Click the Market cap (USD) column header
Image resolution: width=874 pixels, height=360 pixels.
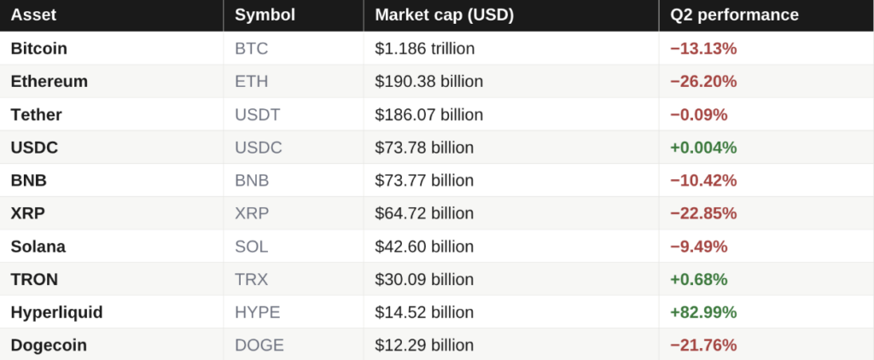pyautogui.click(x=444, y=15)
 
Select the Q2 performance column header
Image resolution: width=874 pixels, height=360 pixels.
pyautogui.click(x=734, y=15)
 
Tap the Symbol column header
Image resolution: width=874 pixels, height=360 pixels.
pyautogui.click(x=265, y=15)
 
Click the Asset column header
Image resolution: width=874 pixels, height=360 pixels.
pyautogui.click(x=33, y=15)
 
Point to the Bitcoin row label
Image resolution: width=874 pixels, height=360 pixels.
pyautogui.click(x=39, y=49)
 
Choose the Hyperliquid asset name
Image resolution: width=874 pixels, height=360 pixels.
pyautogui.click(x=57, y=312)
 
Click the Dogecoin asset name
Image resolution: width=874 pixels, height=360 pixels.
pyautogui.click(x=49, y=345)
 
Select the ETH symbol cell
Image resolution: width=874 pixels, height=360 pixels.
pyautogui.click(x=252, y=81)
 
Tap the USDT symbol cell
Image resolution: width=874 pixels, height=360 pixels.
pyautogui.click(x=258, y=115)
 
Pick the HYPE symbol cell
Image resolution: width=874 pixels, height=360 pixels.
pyautogui.click(x=258, y=312)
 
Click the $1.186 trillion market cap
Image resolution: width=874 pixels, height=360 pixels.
pyautogui.click(x=425, y=49)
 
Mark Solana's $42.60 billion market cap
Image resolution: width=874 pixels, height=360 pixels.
pyautogui.click(x=424, y=247)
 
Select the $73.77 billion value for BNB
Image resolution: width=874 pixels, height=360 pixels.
pyautogui.click(x=424, y=181)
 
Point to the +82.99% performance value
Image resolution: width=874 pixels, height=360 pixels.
pyautogui.click(x=703, y=312)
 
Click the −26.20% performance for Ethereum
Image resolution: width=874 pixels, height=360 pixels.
pyautogui.click(x=703, y=81)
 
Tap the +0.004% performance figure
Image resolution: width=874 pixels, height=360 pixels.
pyautogui.click(x=703, y=148)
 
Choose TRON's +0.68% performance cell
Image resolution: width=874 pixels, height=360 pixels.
pyautogui.click(x=699, y=279)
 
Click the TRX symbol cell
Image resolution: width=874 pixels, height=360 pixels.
pyautogui.click(x=252, y=279)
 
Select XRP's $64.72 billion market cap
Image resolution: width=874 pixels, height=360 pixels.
pyautogui.click(x=424, y=213)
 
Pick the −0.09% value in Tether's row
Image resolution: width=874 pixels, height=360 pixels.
pyautogui.click(x=699, y=115)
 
